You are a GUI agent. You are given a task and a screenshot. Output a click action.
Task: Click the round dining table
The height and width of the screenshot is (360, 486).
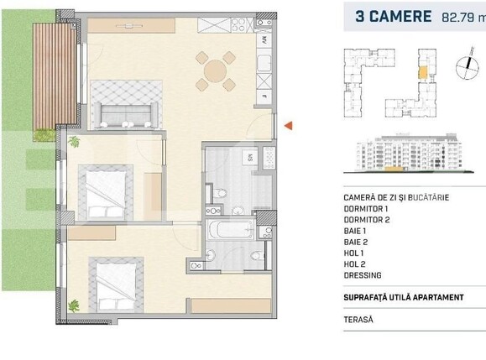coord(216,70)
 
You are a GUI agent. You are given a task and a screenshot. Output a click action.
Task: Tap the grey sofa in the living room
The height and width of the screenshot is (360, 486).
coord(126,112)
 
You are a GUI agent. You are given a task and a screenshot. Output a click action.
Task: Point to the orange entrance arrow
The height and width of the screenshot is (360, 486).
coord(287,125)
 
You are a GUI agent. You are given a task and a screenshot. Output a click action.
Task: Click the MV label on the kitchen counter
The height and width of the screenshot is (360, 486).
coord(264,39)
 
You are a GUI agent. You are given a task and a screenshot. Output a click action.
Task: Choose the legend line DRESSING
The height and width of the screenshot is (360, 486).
coord(363,274)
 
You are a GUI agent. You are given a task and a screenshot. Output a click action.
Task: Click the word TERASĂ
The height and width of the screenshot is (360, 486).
coord(358,319)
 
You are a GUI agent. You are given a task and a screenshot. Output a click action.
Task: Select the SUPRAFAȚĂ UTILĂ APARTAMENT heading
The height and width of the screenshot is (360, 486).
coord(404,297)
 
